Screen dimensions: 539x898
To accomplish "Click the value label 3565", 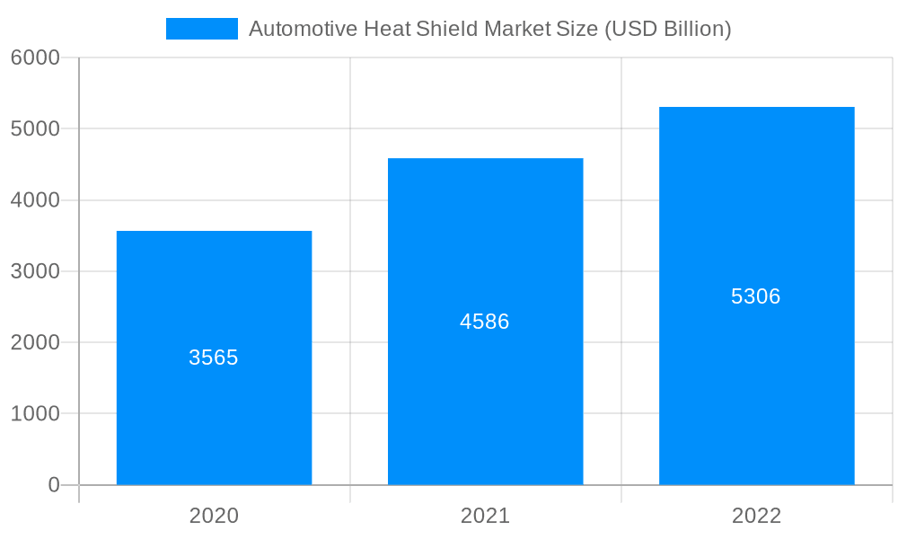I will click(x=214, y=358).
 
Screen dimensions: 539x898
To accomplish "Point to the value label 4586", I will click(x=485, y=322).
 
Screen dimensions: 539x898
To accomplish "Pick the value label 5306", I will click(x=756, y=296).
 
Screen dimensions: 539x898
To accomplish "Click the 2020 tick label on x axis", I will click(x=214, y=516).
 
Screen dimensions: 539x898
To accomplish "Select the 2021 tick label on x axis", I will click(x=485, y=516).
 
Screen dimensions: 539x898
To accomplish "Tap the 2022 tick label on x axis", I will click(x=756, y=516).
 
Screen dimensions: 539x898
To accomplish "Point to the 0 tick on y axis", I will click(x=53, y=485).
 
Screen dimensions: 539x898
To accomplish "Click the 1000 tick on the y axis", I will click(x=35, y=414).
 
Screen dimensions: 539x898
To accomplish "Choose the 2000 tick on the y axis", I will click(x=35, y=342).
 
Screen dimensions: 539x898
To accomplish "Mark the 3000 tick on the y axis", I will click(x=35, y=271).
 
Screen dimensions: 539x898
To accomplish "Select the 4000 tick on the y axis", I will click(x=35, y=200).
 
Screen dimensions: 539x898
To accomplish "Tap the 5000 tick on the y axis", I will click(x=35, y=128).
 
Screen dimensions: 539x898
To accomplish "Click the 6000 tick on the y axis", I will click(x=35, y=57).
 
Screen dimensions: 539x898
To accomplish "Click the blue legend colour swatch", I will click(x=202, y=29).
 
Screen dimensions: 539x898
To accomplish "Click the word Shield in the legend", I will click(x=447, y=29).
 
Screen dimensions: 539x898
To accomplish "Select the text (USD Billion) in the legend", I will click(x=667, y=29).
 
